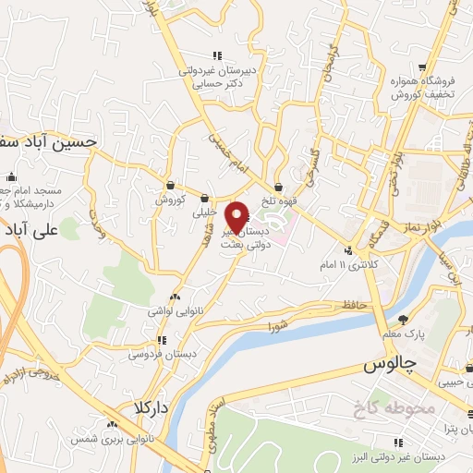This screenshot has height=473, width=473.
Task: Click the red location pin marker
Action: tap(238, 216)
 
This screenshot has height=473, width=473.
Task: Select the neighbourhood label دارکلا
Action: tap(149, 406)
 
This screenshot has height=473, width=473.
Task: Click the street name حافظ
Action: tap(355, 304)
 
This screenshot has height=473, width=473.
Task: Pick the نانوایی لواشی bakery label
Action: tap(172, 311)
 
